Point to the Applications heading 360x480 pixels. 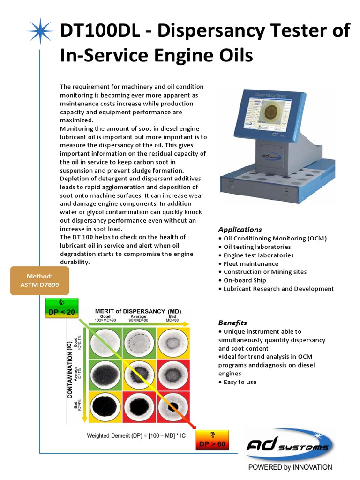pyautogui.click(x=240, y=230)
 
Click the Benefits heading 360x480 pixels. pyautogui.click(x=232, y=323)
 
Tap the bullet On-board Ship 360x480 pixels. pyautogui.click(x=244, y=280)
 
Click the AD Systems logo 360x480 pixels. pyautogui.click(x=290, y=446)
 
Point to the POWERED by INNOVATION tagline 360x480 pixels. pyautogui.click(x=290, y=467)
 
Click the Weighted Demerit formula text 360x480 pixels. pyautogui.click(x=136, y=436)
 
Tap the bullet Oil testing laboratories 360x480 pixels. pyautogui.click(x=257, y=247)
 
